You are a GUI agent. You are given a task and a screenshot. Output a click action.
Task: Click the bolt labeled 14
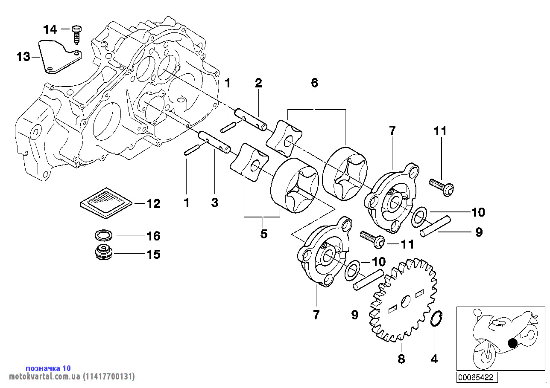(77, 34)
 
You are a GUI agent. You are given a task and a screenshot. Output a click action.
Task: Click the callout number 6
(314, 83)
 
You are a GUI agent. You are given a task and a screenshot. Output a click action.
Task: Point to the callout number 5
(264, 233)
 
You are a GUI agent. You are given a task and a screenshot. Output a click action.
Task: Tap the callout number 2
(258, 83)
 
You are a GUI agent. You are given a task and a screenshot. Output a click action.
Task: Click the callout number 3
(214, 203)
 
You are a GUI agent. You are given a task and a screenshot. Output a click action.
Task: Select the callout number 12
(153, 204)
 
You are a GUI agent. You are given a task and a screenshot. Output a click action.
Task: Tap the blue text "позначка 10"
(48, 368)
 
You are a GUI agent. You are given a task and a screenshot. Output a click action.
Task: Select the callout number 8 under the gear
(401, 359)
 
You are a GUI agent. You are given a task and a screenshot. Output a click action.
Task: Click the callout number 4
(434, 359)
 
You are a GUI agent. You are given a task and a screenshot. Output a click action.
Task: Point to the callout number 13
(23, 56)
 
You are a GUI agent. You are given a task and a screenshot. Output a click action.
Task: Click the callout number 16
(153, 236)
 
